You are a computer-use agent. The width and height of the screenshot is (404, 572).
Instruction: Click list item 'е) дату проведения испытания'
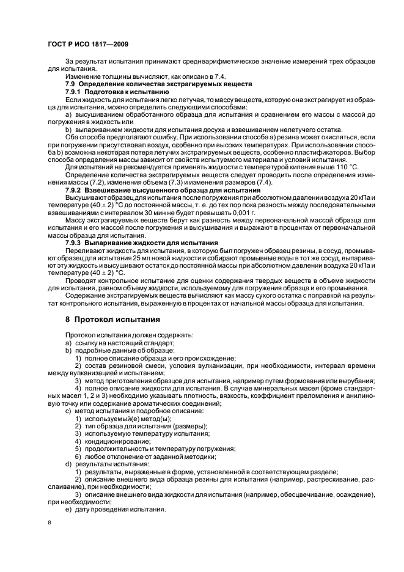tap(115, 509)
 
